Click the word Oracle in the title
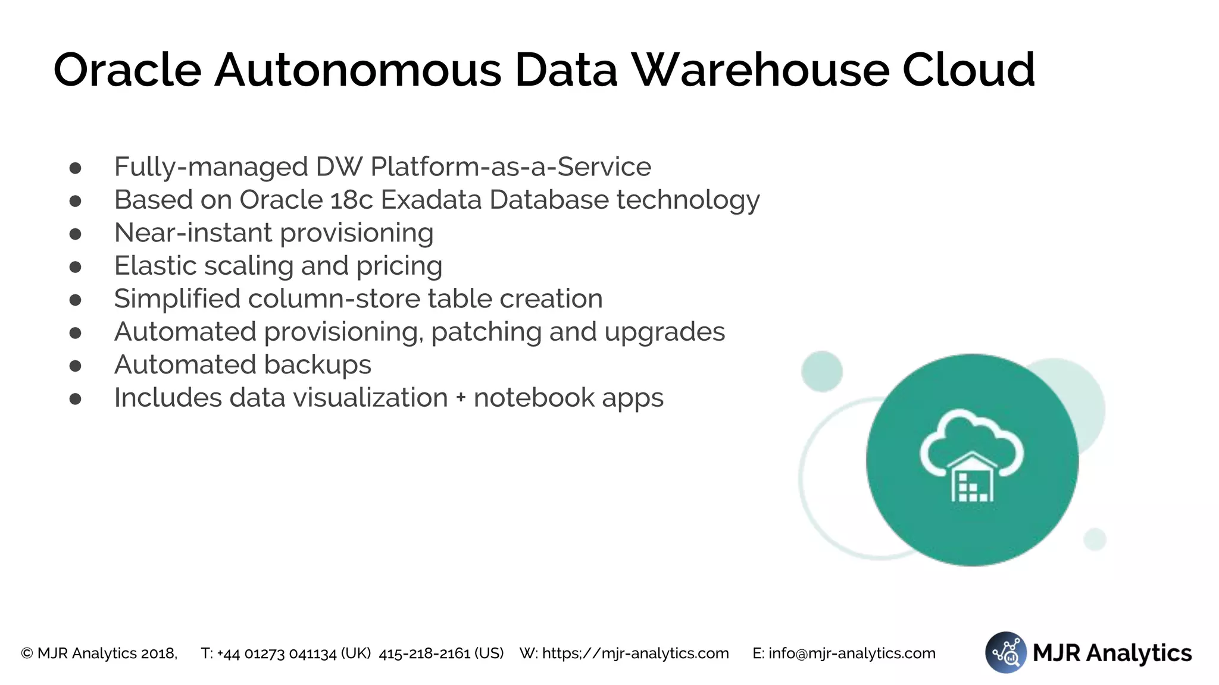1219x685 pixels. coord(127,70)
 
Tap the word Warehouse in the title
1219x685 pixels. coord(760,70)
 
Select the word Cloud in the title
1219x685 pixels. coord(968,70)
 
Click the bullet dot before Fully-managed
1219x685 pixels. coord(75,168)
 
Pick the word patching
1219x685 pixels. coord(486,332)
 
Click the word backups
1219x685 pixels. coord(317,365)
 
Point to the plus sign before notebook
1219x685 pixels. coord(461,398)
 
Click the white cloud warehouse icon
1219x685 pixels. coord(971,456)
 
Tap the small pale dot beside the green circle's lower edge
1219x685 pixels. coord(1095,539)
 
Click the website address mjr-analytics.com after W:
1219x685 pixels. coord(635,653)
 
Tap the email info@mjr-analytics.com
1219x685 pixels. coord(852,653)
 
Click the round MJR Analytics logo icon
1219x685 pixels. coord(1006,652)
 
